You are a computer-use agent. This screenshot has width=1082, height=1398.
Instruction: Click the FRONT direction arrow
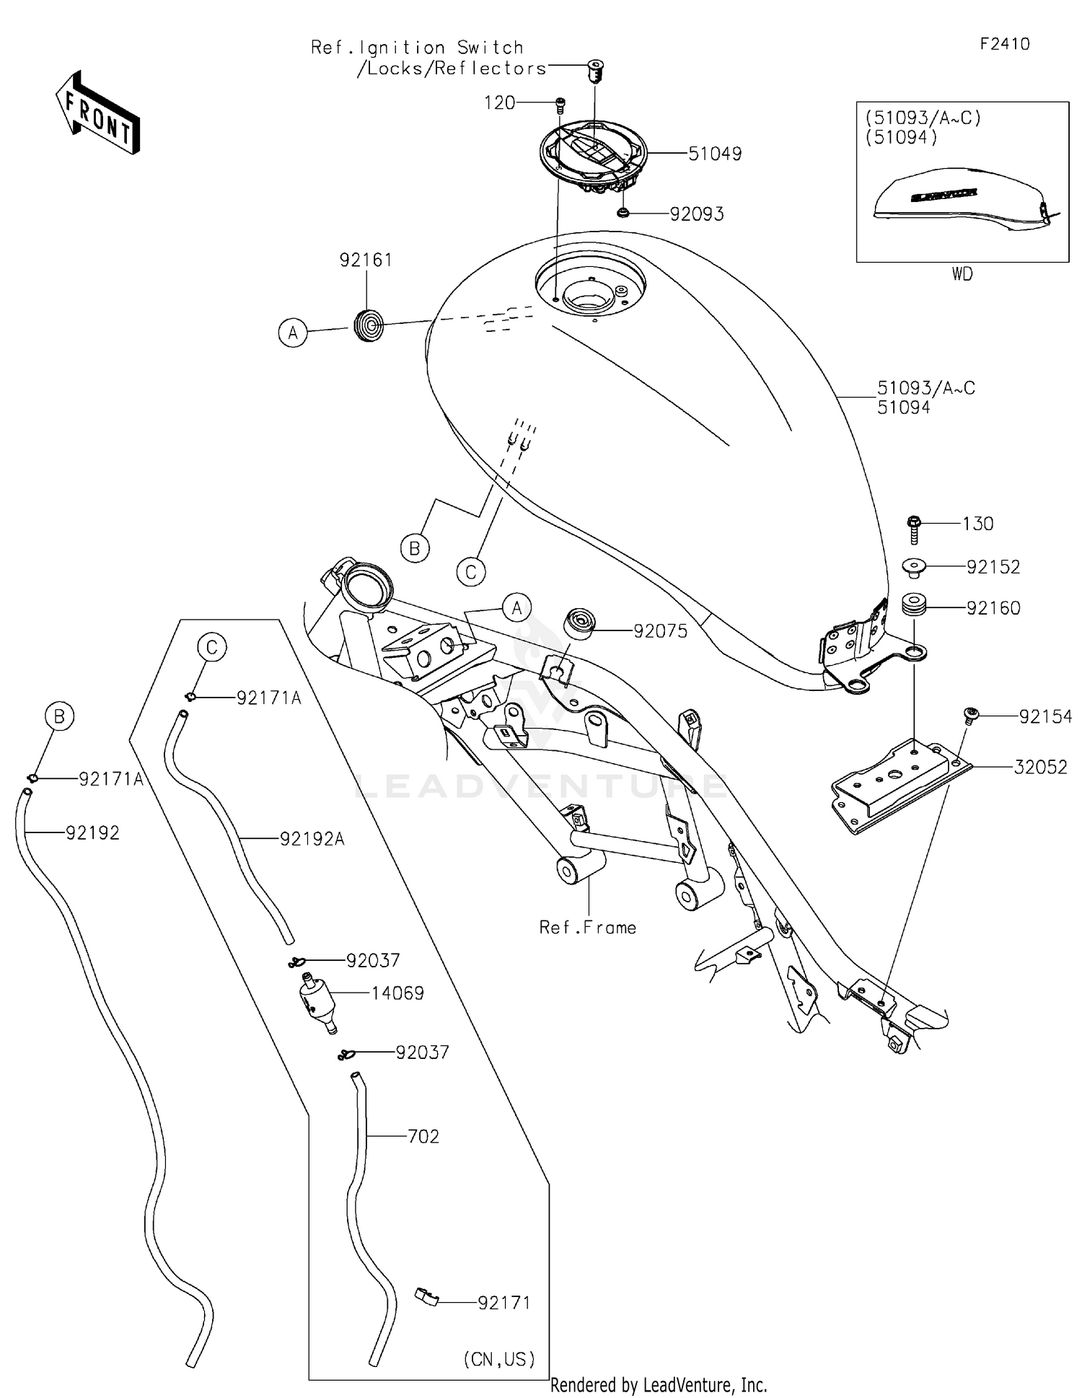coord(97,113)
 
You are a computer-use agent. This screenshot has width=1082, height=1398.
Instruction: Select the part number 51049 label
coord(714,154)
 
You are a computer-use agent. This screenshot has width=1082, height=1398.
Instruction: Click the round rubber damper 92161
coord(369,325)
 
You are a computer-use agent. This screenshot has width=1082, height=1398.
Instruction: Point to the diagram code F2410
coord(1004,44)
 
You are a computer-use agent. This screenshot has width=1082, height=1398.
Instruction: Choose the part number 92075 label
coord(660,631)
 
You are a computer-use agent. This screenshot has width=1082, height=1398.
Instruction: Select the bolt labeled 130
coord(914,529)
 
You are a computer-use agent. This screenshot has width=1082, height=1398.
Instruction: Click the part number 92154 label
coord(1044,716)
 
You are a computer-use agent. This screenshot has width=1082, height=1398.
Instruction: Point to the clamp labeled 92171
coord(426,1297)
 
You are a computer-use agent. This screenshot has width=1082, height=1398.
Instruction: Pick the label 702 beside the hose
coord(423,1137)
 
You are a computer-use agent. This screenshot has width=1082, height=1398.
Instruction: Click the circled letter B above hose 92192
coord(59,716)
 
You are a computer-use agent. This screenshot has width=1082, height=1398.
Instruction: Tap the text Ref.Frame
coord(588,928)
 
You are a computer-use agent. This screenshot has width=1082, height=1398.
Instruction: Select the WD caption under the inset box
coord(962,274)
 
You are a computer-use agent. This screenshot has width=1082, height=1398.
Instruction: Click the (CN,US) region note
coord(499,1359)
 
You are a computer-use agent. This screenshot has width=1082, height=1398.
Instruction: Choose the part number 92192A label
coord(312,839)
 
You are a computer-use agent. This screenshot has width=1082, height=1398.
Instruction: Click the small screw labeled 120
coord(560,105)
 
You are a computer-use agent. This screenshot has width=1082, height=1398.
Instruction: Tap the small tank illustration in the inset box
coord(959,198)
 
